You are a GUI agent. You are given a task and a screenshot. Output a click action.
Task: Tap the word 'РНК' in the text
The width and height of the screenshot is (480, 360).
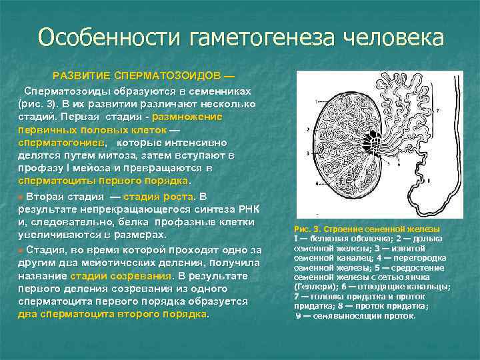click(253, 209)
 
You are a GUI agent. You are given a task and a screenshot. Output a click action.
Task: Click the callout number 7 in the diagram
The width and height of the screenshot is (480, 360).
click(437, 109)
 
